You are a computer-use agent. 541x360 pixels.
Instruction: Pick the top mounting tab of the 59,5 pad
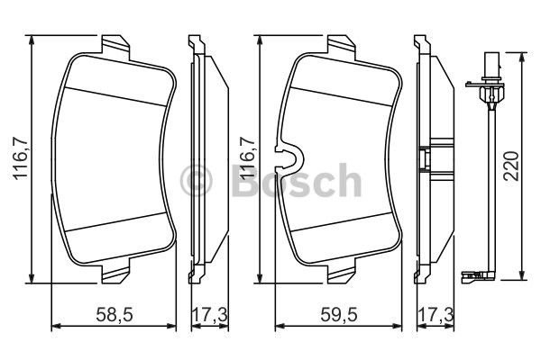[342, 45]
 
